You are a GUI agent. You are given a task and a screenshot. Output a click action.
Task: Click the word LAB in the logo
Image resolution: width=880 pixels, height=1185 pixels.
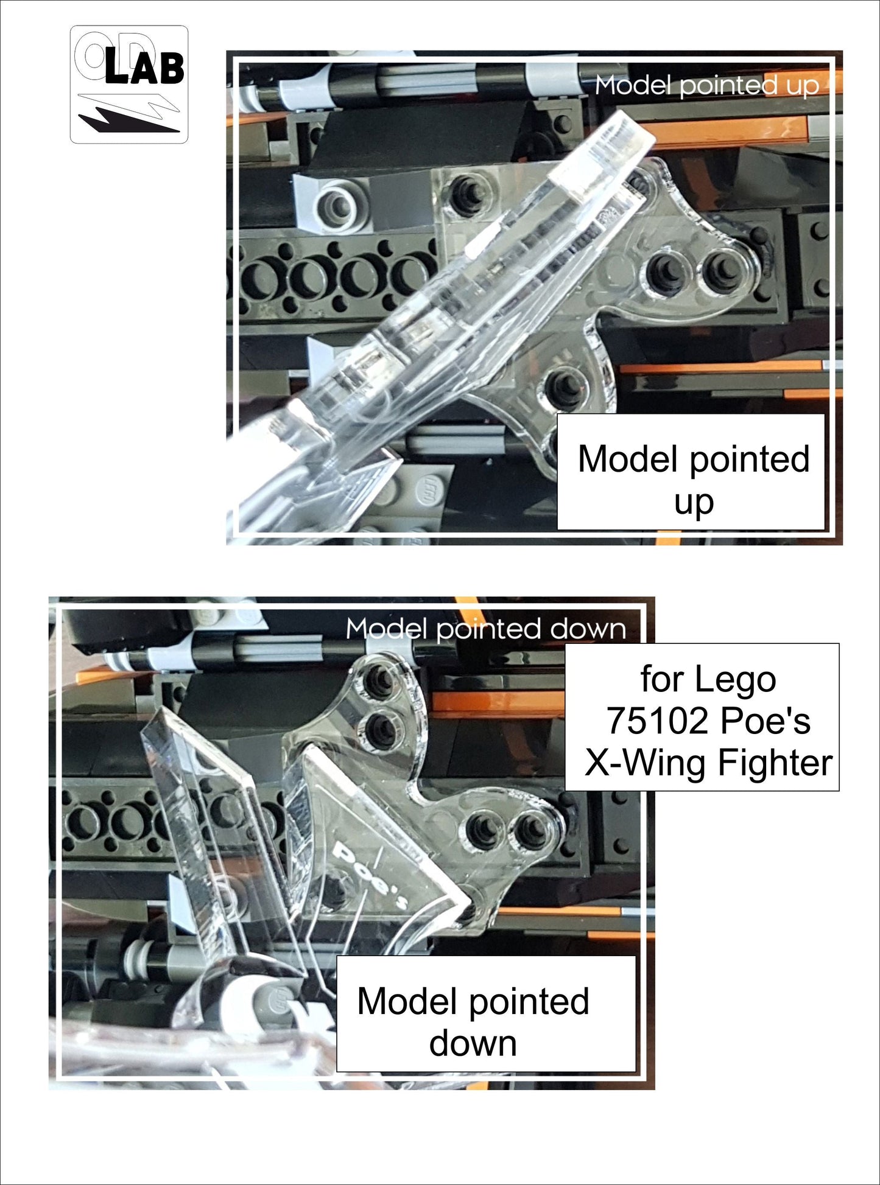click(x=144, y=68)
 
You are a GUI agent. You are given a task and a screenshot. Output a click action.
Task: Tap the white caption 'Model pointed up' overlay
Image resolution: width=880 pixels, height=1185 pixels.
click(x=706, y=85)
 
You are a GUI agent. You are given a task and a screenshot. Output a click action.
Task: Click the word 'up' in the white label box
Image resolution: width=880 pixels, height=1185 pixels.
click(x=694, y=503)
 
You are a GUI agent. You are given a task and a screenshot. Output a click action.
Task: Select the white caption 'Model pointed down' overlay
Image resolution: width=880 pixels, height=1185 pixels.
click(x=485, y=629)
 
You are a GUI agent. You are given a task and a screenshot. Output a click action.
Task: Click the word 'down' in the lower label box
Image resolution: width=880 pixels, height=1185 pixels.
click(x=473, y=1043)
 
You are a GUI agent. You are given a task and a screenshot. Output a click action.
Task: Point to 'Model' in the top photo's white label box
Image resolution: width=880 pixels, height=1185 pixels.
click(x=623, y=459)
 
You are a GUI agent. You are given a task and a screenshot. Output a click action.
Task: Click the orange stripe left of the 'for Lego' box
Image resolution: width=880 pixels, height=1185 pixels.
click(x=499, y=704)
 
